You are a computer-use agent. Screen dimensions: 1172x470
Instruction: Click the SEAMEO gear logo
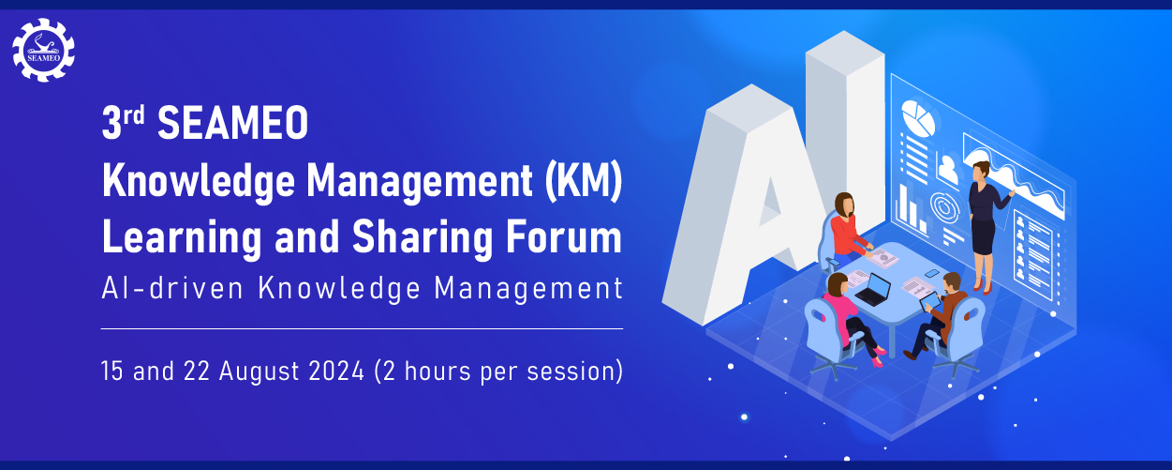coord(43,50)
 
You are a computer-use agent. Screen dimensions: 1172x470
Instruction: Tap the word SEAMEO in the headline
coord(233,123)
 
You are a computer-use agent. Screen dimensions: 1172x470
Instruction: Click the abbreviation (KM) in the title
coord(584,181)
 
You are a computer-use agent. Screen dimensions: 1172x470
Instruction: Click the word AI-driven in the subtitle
coord(172,288)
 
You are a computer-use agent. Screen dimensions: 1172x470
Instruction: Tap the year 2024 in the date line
coord(336,371)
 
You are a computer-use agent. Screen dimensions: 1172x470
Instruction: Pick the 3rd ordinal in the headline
coord(123,122)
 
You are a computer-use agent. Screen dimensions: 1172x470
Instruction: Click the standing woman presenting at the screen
coord(987,226)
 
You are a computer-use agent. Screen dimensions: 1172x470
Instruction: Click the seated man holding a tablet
coord(939,314)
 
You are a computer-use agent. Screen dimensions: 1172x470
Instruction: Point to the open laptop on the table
coord(874,290)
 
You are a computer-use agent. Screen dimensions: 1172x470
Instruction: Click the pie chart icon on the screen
coord(918,118)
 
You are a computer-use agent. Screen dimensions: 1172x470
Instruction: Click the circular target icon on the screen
coord(945,207)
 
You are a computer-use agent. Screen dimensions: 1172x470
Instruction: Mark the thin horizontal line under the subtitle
coord(362,328)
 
